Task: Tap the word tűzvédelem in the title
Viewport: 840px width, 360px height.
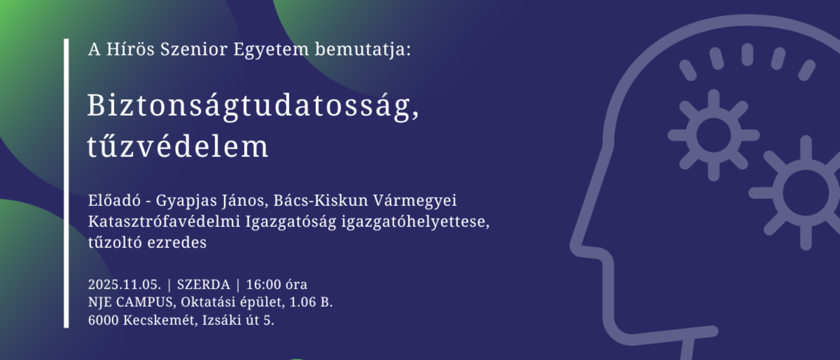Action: pyautogui.click(x=178, y=146)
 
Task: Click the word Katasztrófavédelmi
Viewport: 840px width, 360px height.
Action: pyautogui.click(x=164, y=221)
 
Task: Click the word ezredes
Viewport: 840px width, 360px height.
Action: pyautogui.click(x=177, y=242)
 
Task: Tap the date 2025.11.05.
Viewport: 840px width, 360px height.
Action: pyautogui.click(x=124, y=284)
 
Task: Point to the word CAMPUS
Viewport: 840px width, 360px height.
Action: pyautogui.click(x=144, y=302)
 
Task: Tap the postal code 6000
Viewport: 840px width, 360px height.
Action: pyautogui.click(x=103, y=320)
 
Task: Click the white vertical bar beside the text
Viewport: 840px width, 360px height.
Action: pyautogui.click(x=66, y=183)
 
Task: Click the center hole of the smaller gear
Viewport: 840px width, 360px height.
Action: pyautogui.click(x=714, y=135)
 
